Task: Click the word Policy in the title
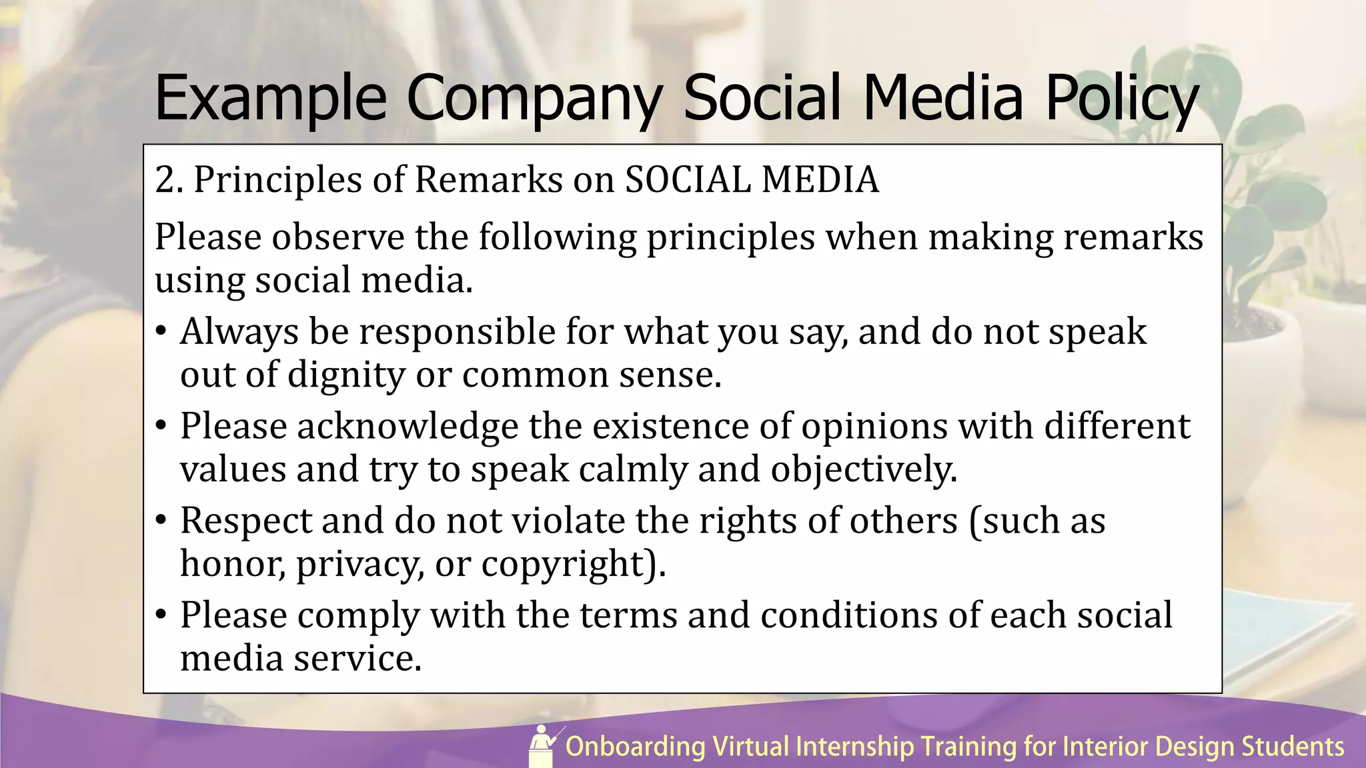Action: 1122,99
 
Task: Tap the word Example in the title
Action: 271,99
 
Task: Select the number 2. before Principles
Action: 169,180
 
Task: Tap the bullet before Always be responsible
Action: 161,331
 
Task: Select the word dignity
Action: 346,375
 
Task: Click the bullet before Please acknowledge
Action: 161,426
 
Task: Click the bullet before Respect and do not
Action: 161,521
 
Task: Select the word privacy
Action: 360,565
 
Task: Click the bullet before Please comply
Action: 161,615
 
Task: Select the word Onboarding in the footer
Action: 635,747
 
